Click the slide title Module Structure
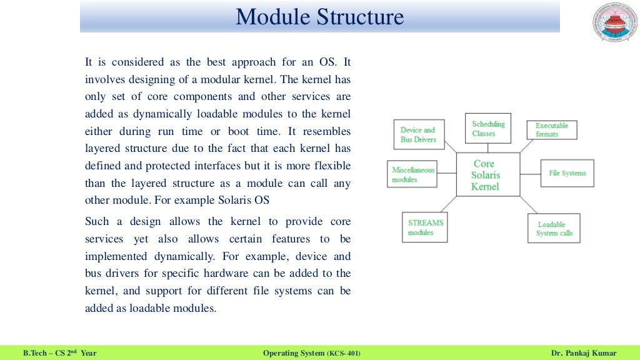pos(319,17)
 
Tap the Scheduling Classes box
pos(488,129)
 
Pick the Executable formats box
pos(551,130)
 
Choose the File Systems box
pos(567,173)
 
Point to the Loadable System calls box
pos(554,229)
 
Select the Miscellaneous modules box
pos(412,174)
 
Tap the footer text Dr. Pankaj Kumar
pos(584,353)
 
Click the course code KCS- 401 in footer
pos(343,353)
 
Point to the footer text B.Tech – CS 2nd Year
pos(60,353)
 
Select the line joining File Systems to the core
pos(531,174)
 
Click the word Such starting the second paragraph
pos(97,221)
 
